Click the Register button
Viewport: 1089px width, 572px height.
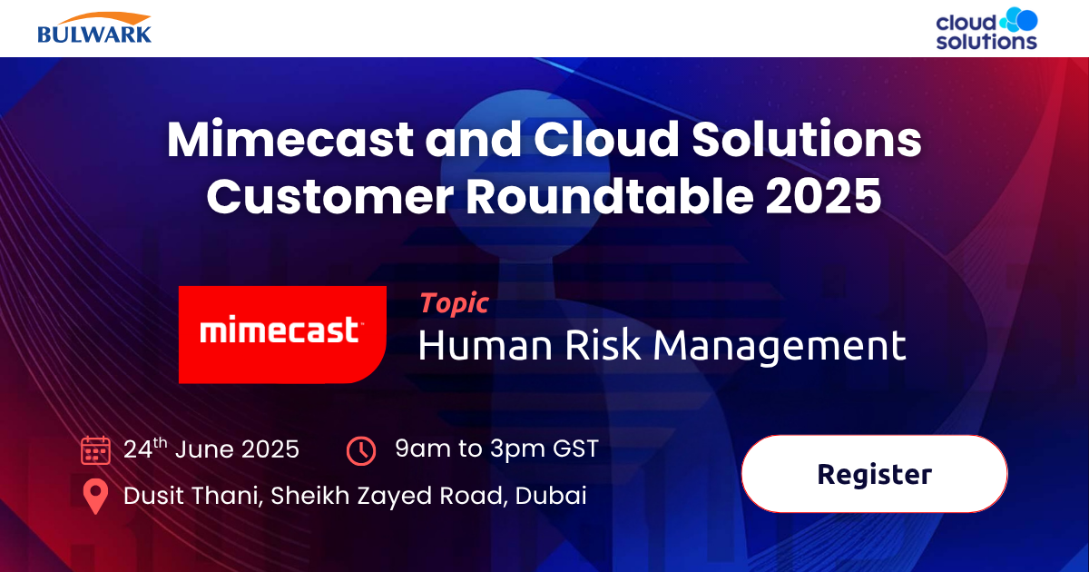pyautogui.click(x=874, y=474)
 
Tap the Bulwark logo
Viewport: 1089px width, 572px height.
pyautogui.click(x=94, y=28)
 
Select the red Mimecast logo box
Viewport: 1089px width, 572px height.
pyautogui.click(x=282, y=333)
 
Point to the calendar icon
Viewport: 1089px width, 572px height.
pyautogui.click(x=95, y=450)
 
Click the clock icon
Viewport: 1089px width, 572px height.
pyautogui.click(x=361, y=450)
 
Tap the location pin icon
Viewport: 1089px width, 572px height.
pyautogui.click(x=94, y=497)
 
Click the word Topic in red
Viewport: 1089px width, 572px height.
pyautogui.click(x=453, y=304)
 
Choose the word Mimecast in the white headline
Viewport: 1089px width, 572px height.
pyautogui.click(x=290, y=142)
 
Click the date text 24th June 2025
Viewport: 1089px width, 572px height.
pyautogui.click(x=211, y=449)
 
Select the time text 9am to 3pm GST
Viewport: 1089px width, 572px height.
pyautogui.click(x=496, y=449)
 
